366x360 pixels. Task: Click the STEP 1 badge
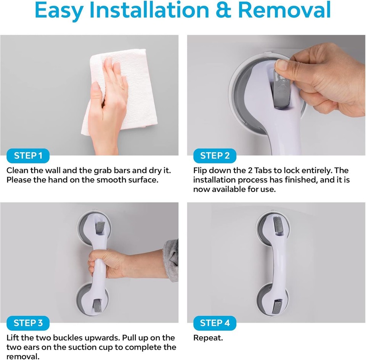(x=28, y=156)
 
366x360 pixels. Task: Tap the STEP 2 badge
(x=215, y=156)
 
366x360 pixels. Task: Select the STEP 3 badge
(x=28, y=323)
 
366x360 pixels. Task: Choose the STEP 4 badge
(x=215, y=323)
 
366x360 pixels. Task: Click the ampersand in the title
(x=225, y=11)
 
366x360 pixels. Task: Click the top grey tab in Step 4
(x=276, y=225)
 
